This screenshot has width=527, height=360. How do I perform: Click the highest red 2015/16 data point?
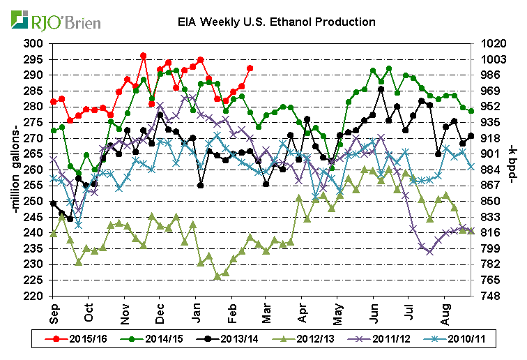[143, 56]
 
